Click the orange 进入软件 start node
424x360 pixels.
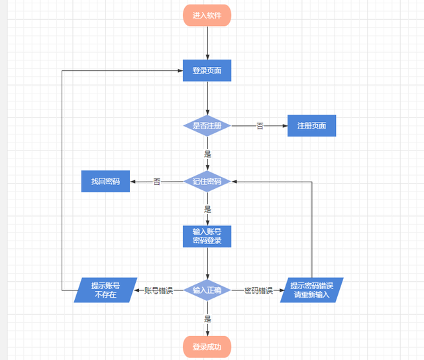(x=207, y=15)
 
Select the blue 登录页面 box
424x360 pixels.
(x=207, y=70)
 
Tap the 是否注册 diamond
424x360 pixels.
(x=207, y=125)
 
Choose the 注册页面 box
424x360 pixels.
(x=311, y=125)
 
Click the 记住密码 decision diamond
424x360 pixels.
(x=207, y=181)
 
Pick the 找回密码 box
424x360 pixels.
(x=105, y=181)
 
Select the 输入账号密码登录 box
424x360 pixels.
(x=207, y=236)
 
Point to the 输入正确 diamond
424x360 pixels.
(x=207, y=290)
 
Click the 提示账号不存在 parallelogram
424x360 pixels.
(x=105, y=290)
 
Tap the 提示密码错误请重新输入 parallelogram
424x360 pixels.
(x=311, y=290)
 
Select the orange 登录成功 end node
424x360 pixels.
(x=207, y=347)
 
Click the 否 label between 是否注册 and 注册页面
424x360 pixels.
(x=260, y=125)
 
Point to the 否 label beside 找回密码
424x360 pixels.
(x=157, y=181)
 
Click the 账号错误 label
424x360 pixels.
(x=159, y=290)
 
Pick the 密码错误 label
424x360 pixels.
(x=258, y=290)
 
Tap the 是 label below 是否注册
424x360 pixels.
(x=207, y=153)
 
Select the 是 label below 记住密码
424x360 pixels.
(x=207, y=209)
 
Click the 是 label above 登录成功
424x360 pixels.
(x=207, y=319)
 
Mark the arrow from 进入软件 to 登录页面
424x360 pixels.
(x=207, y=42)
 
